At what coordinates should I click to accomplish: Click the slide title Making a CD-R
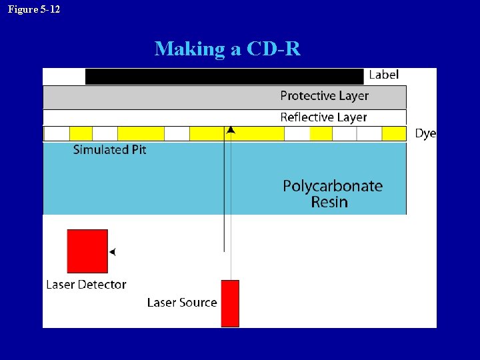[x=227, y=49]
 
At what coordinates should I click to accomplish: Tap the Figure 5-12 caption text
[x=33, y=9]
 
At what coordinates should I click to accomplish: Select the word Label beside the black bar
[x=383, y=75]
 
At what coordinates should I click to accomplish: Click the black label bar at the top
[x=224, y=76]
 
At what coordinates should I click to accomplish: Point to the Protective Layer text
[x=324, y=96]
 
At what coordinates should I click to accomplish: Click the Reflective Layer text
[x=323, y=117]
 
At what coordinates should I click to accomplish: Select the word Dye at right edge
[x=425, y=133]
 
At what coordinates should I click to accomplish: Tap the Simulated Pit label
[x=109, y=150]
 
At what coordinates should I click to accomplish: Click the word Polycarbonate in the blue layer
[x=333, y=186]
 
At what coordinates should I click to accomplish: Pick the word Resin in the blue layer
[x=329, y=202]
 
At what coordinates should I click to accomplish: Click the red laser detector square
[x=87, y=251]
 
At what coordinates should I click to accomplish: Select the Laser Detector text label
[x=86, y=285]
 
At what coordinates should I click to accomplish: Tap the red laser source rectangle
[x=230, y=303]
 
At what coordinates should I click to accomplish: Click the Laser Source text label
[x=182, y=303]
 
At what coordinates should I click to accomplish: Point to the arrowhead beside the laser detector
[x=112, y=252]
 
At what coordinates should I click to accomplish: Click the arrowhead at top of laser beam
[x=230, y=130]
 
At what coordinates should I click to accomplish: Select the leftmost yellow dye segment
[x=81, y=133]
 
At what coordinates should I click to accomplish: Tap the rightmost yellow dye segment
[x=393, y=133]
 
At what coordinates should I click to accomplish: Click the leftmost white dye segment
[x=57, y=133]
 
